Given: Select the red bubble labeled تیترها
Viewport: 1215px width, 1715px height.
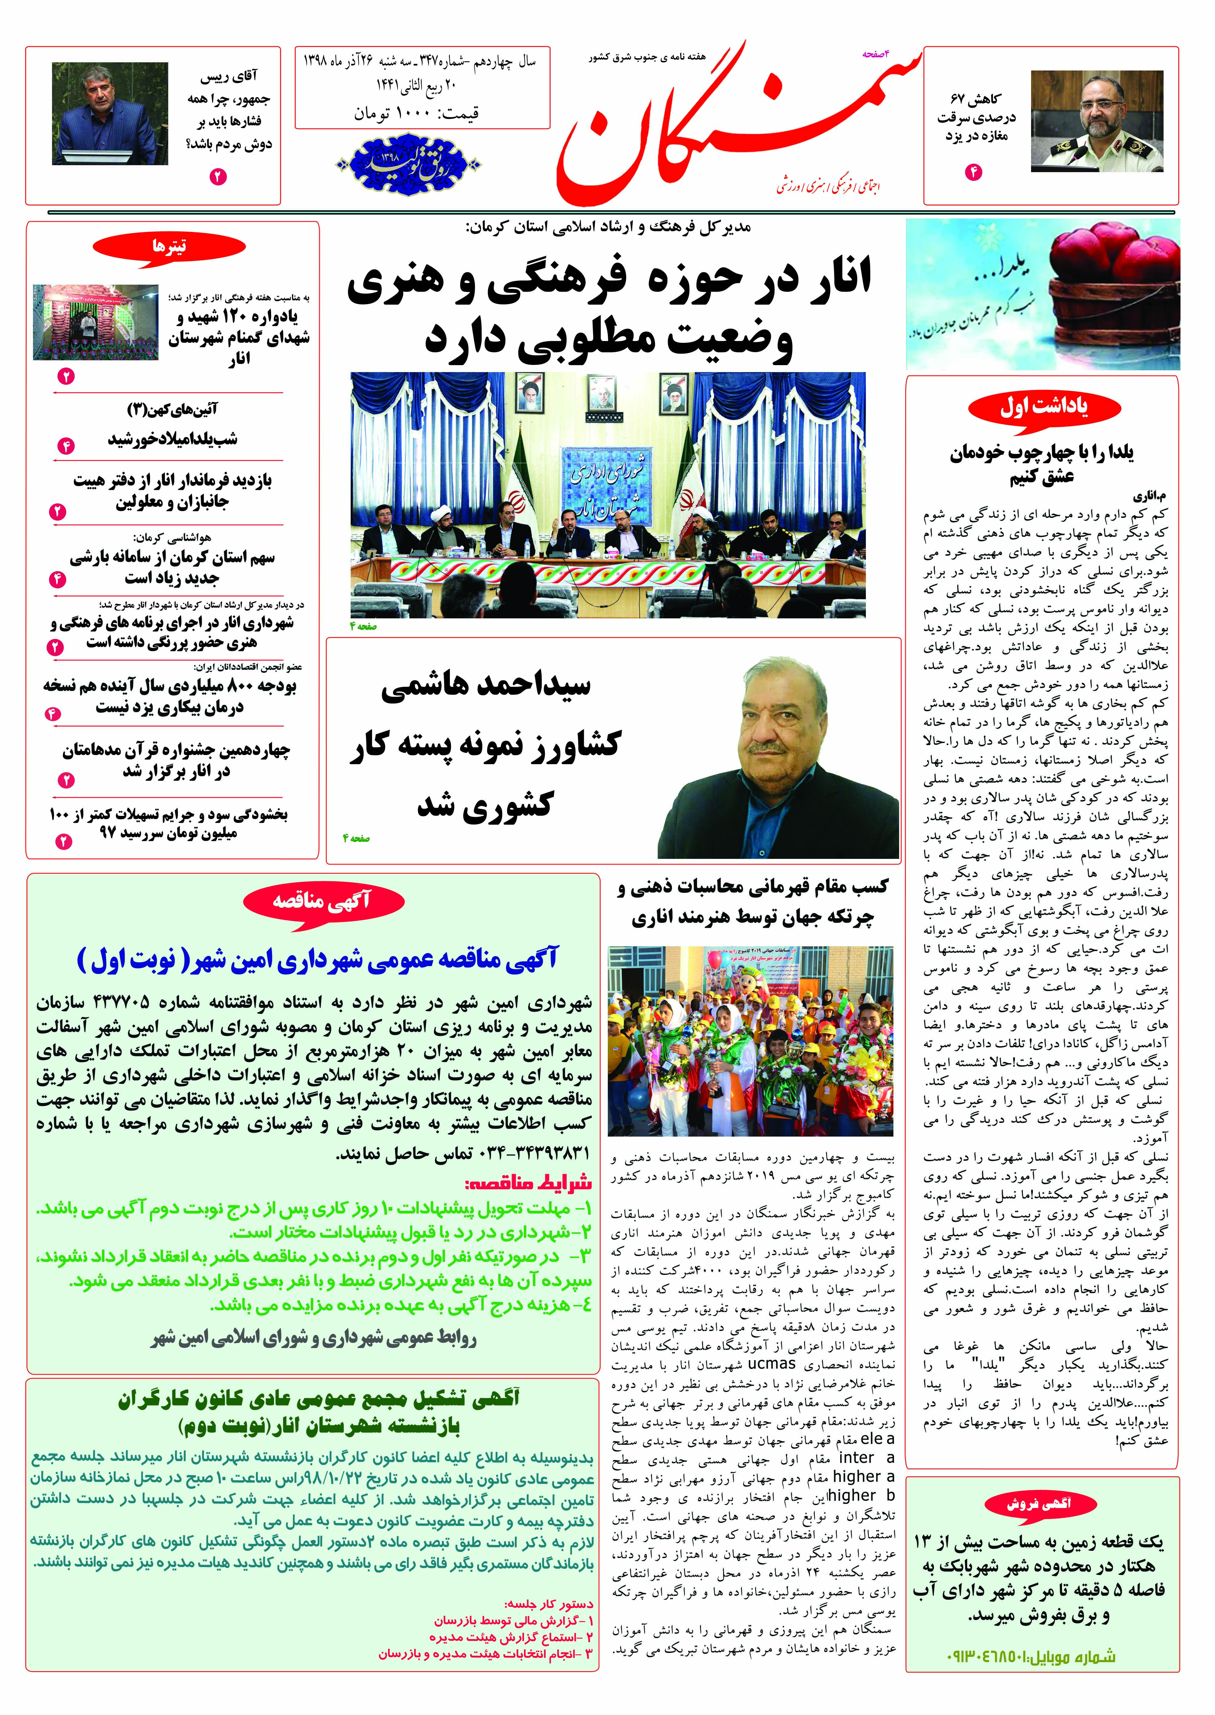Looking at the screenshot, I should tap(169, 245).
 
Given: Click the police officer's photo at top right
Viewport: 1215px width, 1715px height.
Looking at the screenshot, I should tap(1097, 121).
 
